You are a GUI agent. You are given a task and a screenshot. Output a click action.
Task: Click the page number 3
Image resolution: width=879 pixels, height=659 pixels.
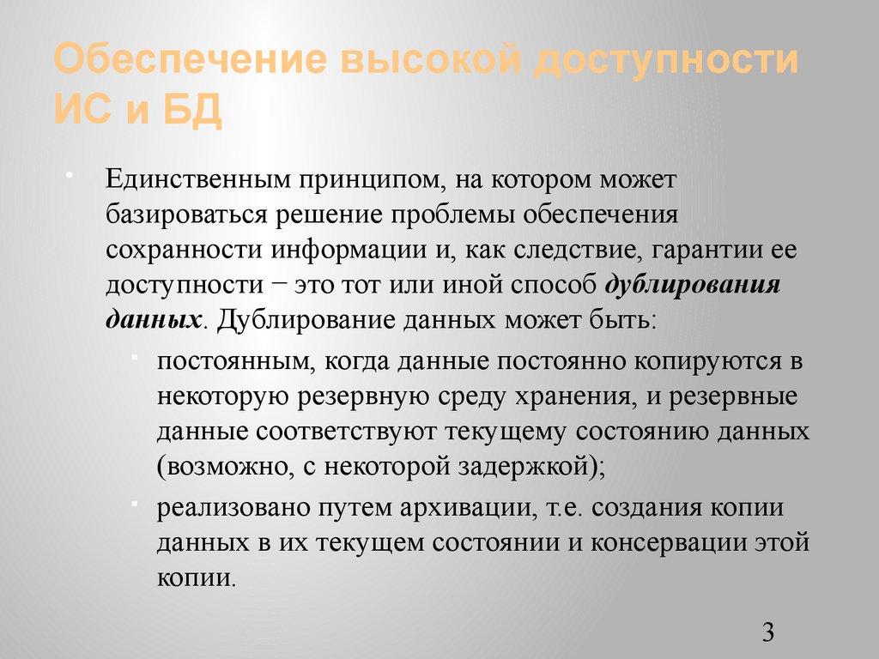767,633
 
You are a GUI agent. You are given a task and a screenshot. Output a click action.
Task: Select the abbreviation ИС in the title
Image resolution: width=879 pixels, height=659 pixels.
82,111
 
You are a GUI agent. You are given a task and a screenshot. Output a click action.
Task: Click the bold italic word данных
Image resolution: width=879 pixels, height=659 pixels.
154,319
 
